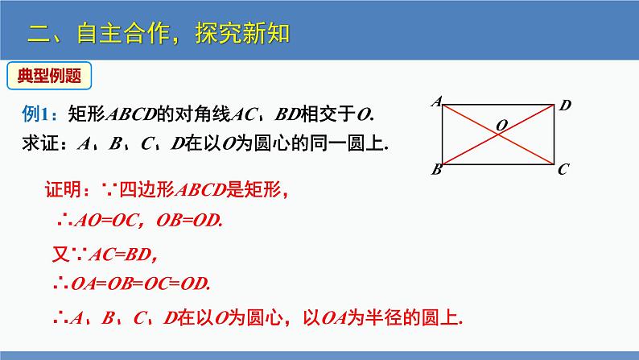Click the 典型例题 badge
tap(49, 76)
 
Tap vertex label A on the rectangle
tap(437, 101)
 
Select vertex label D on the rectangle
tap(565, 106)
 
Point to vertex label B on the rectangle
tap(436, 169)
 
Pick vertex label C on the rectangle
tap(563, 169)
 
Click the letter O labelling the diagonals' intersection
tap(501, 125)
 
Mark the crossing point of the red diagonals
tap(498, 134)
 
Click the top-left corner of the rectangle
tap(443, 106)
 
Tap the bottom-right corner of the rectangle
tap(554, 164)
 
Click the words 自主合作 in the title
tap(123, 33)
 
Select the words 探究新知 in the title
tap(242, 33)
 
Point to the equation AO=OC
tap(106, 221)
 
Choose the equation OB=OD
tap(189, 221)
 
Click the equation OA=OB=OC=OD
tap(141, 283)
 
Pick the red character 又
tap(61, 254)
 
